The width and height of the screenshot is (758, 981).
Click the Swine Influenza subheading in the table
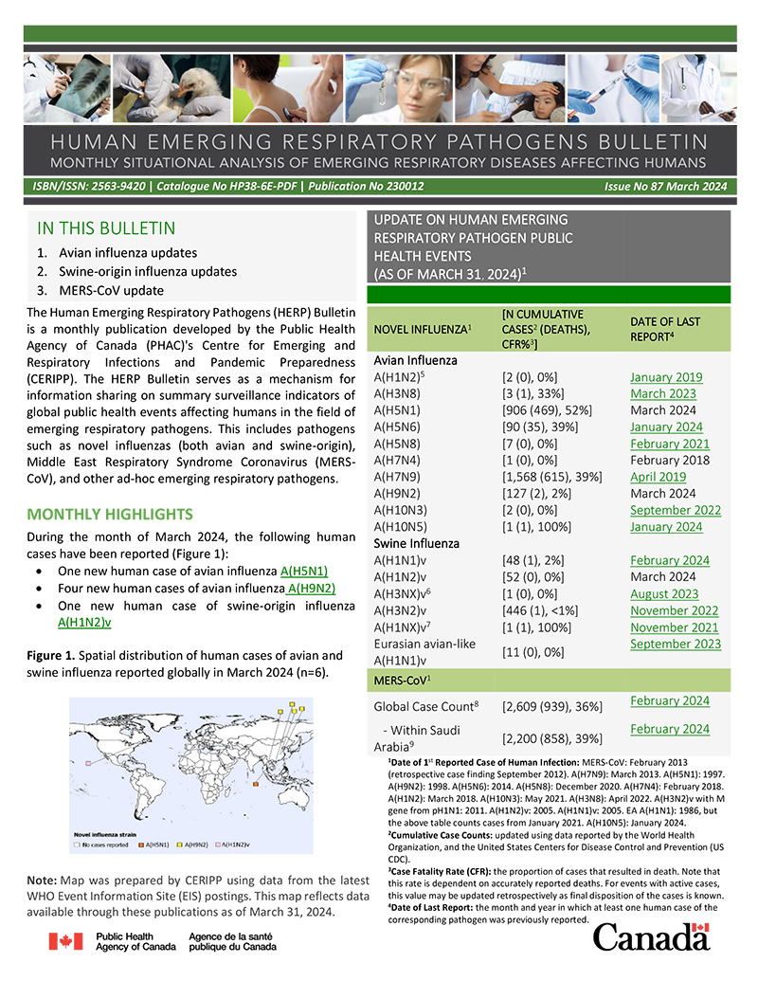(418, 543)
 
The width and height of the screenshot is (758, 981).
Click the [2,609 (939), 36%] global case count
(553, 706)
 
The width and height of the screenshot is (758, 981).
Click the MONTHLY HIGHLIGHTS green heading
(111, 515)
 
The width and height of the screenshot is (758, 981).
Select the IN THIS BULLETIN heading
(106, 228)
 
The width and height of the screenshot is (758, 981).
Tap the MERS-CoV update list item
(111, 291)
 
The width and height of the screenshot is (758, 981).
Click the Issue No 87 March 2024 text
(665, 187)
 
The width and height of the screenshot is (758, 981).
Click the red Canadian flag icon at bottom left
(65, 941)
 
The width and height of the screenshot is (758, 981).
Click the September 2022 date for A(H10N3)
(674, 510)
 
